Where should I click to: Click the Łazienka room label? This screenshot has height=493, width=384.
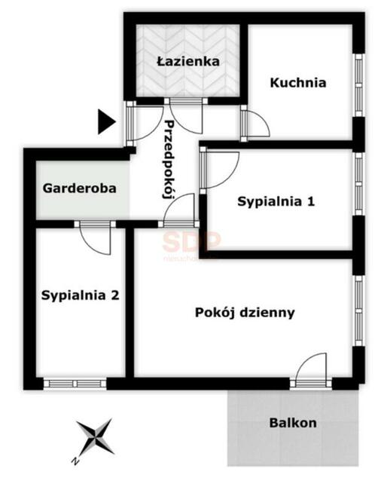[188, 61]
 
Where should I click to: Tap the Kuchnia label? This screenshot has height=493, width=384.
[298, 82]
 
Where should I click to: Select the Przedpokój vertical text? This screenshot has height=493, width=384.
[169, 158]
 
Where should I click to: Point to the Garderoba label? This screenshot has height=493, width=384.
[80, 188]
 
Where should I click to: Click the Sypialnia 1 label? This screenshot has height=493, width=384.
[276, 201]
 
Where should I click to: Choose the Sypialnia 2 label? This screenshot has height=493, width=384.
[80, 295]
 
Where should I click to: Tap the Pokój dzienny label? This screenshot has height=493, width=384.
[244, 311]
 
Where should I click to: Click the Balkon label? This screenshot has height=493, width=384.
[293, 422]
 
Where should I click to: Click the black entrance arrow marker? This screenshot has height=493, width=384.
[106, 121]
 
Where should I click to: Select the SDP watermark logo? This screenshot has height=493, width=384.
[192, 243]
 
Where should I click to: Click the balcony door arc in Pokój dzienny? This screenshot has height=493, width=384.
[310, 369]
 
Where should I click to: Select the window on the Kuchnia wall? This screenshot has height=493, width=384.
[358, 84]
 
